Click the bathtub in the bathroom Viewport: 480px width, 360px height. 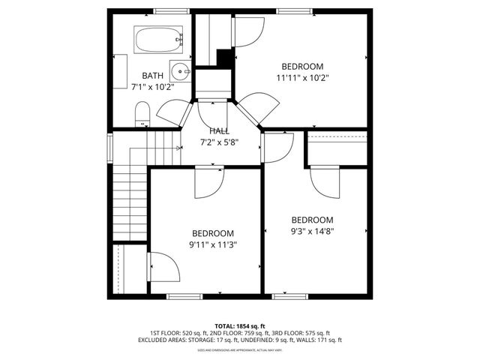click(158, 39)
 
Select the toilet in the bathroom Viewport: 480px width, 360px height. click(142, 115)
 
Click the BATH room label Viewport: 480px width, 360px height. click(152, 75)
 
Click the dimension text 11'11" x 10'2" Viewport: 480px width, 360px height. click(303, 76)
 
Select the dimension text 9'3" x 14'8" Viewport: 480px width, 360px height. click(312, 231)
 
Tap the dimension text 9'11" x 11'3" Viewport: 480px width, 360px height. click(212, 244)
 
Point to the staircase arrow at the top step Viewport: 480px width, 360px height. click(178, 148)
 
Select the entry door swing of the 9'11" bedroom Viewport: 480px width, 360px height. click(209, 183)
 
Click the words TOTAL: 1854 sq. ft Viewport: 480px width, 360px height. click(239, 325)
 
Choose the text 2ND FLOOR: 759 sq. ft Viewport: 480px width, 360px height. click(239, 333)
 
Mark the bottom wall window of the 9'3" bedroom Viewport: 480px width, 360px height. click(290, 296)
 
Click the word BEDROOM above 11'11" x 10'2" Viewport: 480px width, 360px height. click(303, 65)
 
